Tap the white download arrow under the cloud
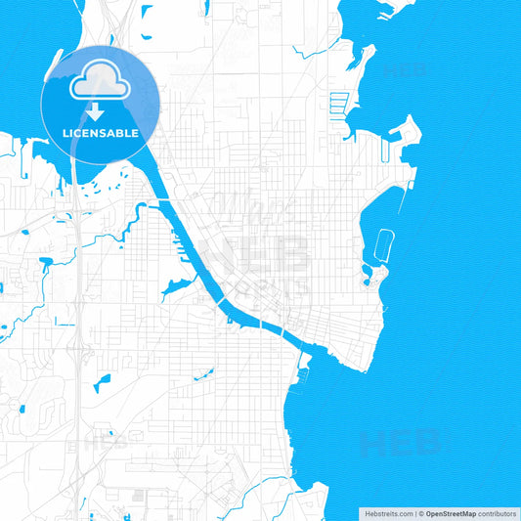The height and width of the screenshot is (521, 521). [x=100, y=110]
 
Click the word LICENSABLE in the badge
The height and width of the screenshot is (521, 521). [x=100, y=132]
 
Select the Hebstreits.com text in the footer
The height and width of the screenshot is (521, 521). [x=388, y=513]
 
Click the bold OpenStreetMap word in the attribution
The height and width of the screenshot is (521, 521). [x=452, y=513]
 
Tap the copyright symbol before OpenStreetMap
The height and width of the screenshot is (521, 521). [x=421, y=513]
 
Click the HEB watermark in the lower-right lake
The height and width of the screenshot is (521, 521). [x=399, y=445]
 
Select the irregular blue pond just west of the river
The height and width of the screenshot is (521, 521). [x=179, y=287]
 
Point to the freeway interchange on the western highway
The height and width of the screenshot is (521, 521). [x=76, y=347]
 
